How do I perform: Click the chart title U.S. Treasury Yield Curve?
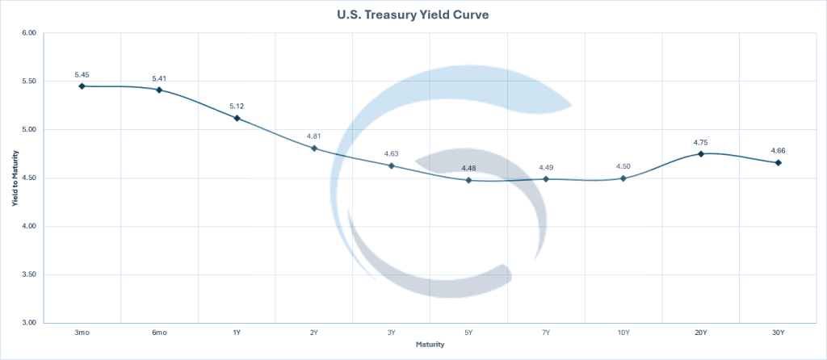(413, 15)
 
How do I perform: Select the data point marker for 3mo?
(82, 86)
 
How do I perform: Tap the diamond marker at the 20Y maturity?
(701, 153)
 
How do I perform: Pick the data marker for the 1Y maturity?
(237, 118)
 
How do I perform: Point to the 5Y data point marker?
(468, 180)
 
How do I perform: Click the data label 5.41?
(159, 78)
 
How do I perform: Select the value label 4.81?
(314, 136)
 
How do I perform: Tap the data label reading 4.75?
(701, 142)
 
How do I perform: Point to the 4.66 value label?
(779, 151)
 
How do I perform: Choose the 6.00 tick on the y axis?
(30, 33)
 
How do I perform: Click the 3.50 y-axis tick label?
(30, 275)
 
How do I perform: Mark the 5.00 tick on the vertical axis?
(30, 130)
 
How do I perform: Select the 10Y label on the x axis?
(623, 333)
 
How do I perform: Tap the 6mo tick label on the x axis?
(159, 333)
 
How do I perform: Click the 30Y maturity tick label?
(779, 333)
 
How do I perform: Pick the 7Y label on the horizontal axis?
(546, 333)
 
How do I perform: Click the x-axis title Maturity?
(430, 345)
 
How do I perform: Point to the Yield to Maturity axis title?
(14, 178)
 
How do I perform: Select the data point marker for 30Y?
(779, 163)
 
